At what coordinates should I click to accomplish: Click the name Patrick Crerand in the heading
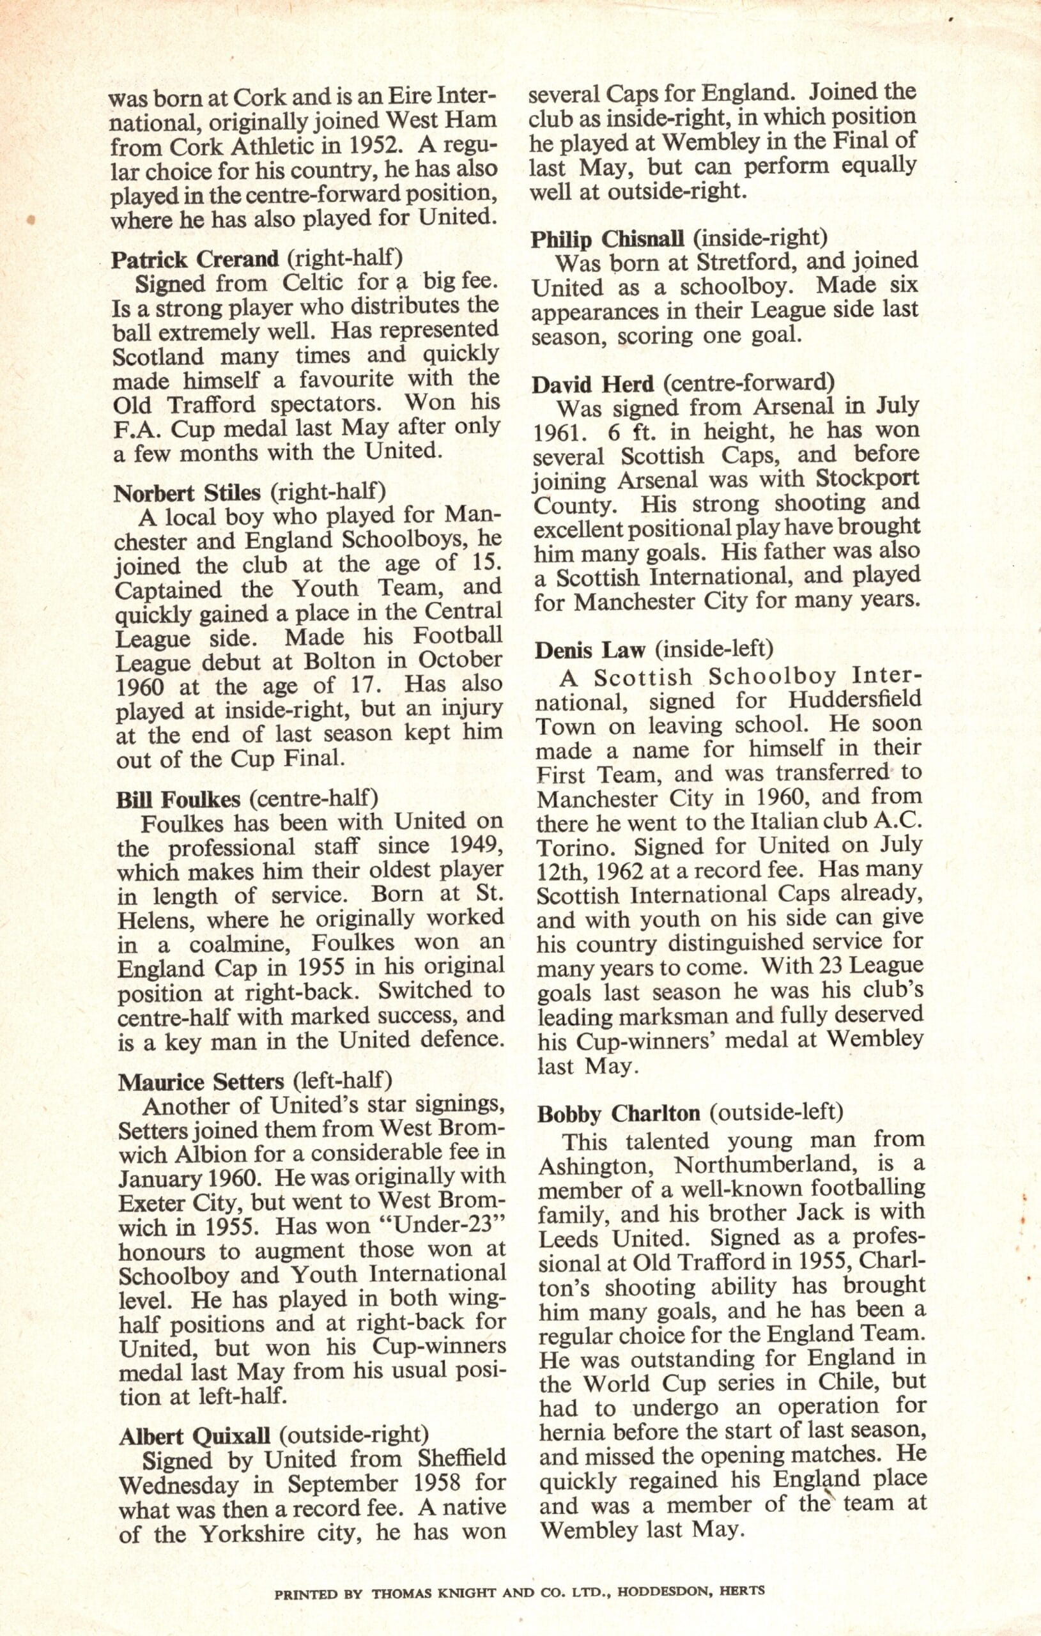[x=195, y=259]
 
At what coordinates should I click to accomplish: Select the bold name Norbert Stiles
[x=187, y=492]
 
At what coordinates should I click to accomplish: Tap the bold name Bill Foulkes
[x=178, y=799]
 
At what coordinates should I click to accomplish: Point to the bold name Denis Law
[x=589, y=650]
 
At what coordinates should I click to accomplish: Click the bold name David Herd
[x=592, y=385]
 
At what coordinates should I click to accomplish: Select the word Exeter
[x=151, y=1203]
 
